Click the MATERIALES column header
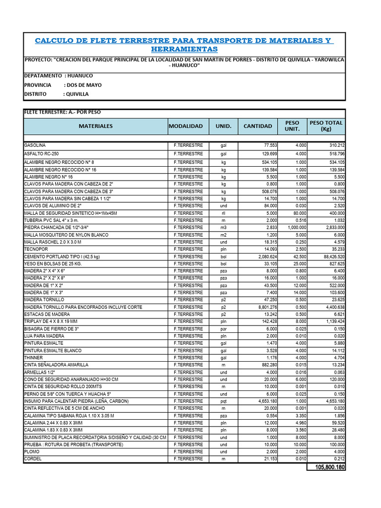[95, 126]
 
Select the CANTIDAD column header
[257, 126]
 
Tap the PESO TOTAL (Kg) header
[326, 126]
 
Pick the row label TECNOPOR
[36, 249]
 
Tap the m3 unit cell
[223, 227]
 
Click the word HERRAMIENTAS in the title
[184, 50]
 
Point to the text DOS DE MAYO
[83, 85]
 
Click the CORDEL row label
[32, 459]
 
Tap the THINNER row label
[34, 358]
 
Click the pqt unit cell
[223, 401]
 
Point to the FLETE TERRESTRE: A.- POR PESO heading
[63, 112]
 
